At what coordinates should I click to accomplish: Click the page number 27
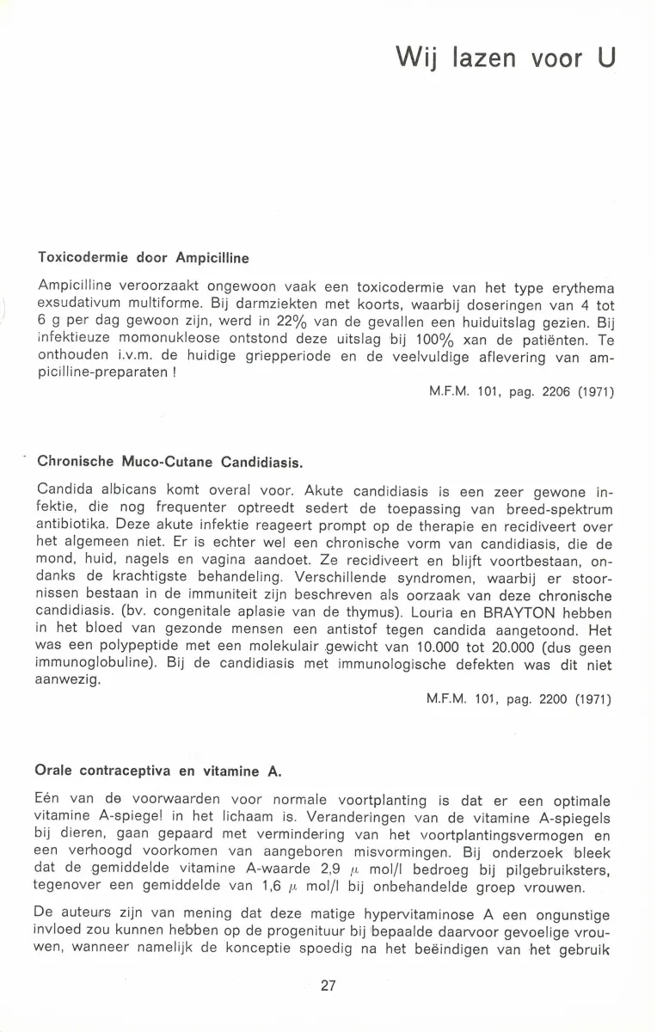(x=328, y=986)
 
